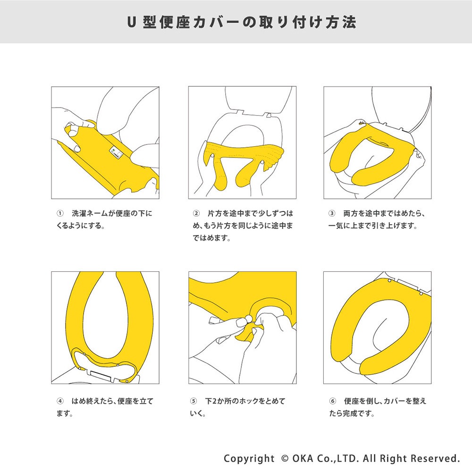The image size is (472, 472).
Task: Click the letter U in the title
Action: (x=131, y=22)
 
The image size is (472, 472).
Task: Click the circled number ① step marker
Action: (x=60, y=213)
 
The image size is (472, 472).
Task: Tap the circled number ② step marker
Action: (x=196, y=213)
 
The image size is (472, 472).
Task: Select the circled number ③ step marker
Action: (x=332, y=213)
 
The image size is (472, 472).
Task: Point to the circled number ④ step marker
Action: (x=60, y=401)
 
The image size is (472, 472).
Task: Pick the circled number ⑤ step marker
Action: (x=193, y=401)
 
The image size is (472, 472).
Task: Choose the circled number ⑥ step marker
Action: (x=333, y=401)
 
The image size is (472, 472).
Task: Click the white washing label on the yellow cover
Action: (x=117, y=152)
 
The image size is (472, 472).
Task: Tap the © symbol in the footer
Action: (x=285, y=458)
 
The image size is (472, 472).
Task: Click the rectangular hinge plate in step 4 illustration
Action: (x=101, y=375)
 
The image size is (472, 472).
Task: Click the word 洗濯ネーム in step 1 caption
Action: (x=90, y=213)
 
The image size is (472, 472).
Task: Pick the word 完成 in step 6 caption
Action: (x=350, y=413)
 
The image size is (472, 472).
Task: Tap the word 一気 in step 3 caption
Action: (x=335, y=226)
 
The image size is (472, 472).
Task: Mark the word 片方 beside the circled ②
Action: (x=215, y=213)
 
